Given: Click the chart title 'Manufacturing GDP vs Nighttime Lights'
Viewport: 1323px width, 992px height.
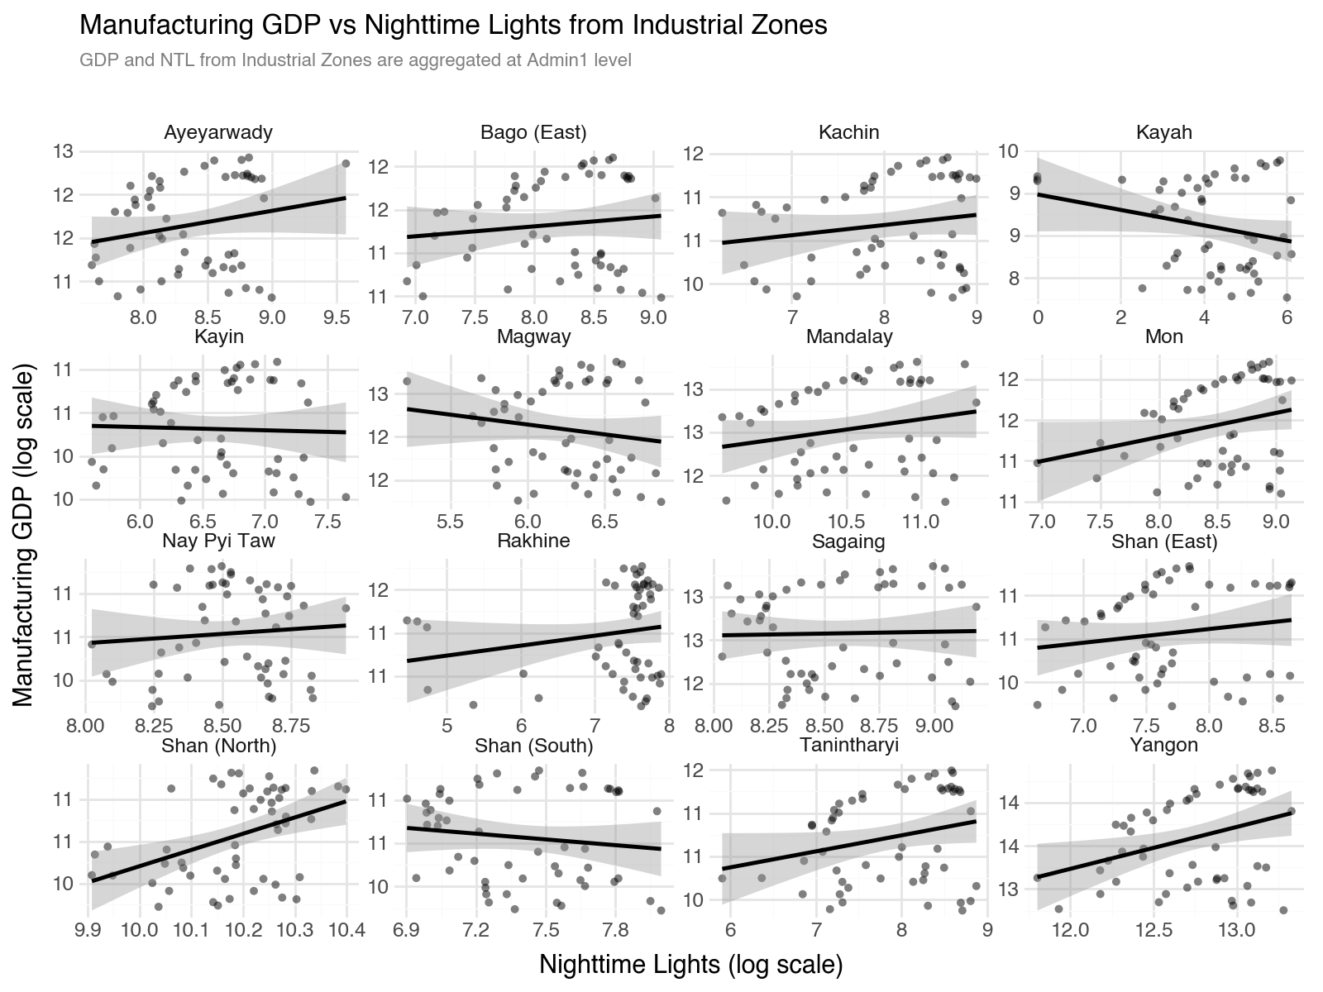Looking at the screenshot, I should click(x=452, y=26).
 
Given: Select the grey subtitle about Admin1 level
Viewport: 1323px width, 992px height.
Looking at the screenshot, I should click(x=356, y=61).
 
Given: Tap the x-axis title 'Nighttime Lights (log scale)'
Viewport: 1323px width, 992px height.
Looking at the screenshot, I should click(x=690, y=964).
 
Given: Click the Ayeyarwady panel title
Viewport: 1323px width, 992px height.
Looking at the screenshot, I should click(x=218, y=132).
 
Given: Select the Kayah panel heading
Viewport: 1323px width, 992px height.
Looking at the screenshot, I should click(x=1164, y=132).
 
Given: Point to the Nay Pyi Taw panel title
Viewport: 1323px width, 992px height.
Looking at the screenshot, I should click(x=218, y=541).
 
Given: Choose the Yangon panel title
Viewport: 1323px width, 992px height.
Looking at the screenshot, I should click(x=1164, y=746).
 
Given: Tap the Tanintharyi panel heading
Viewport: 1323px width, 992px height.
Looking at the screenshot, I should click(x=849, y=746).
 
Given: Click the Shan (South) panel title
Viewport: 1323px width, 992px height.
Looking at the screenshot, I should click(x=534, y=746).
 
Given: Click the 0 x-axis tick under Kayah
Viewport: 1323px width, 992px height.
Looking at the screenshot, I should click(x=1038, y=318).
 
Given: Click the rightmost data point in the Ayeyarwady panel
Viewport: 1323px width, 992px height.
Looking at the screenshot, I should click(x=346, y=164).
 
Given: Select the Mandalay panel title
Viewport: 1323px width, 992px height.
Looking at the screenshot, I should click(x=849, y=337).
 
